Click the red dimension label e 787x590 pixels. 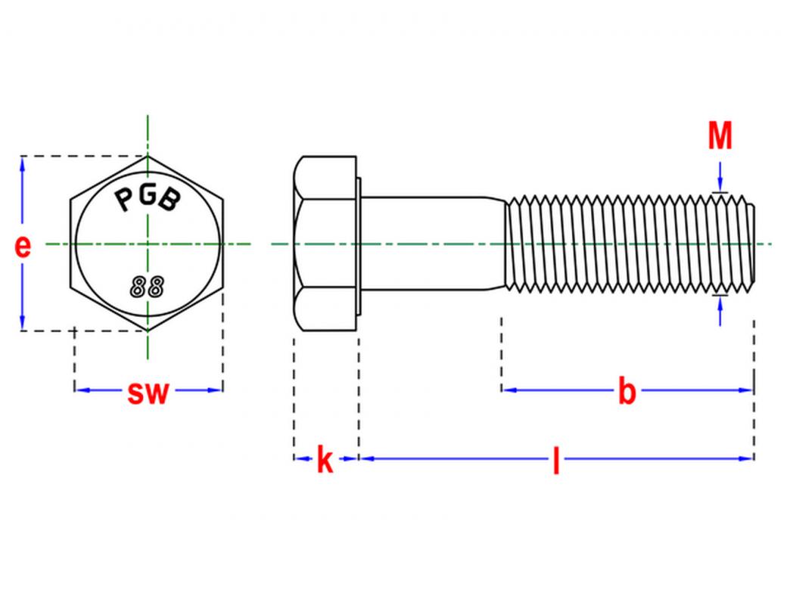(23, 247)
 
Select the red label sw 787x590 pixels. (148, 393)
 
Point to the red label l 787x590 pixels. (555, 460)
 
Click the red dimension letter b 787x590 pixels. (627, 390)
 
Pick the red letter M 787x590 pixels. (720, 135)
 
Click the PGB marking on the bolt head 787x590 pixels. (147, 199)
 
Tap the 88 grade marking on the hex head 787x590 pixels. (147, 287)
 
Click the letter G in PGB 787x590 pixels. (147, 195)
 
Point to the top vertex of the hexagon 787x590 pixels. (147, 157)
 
